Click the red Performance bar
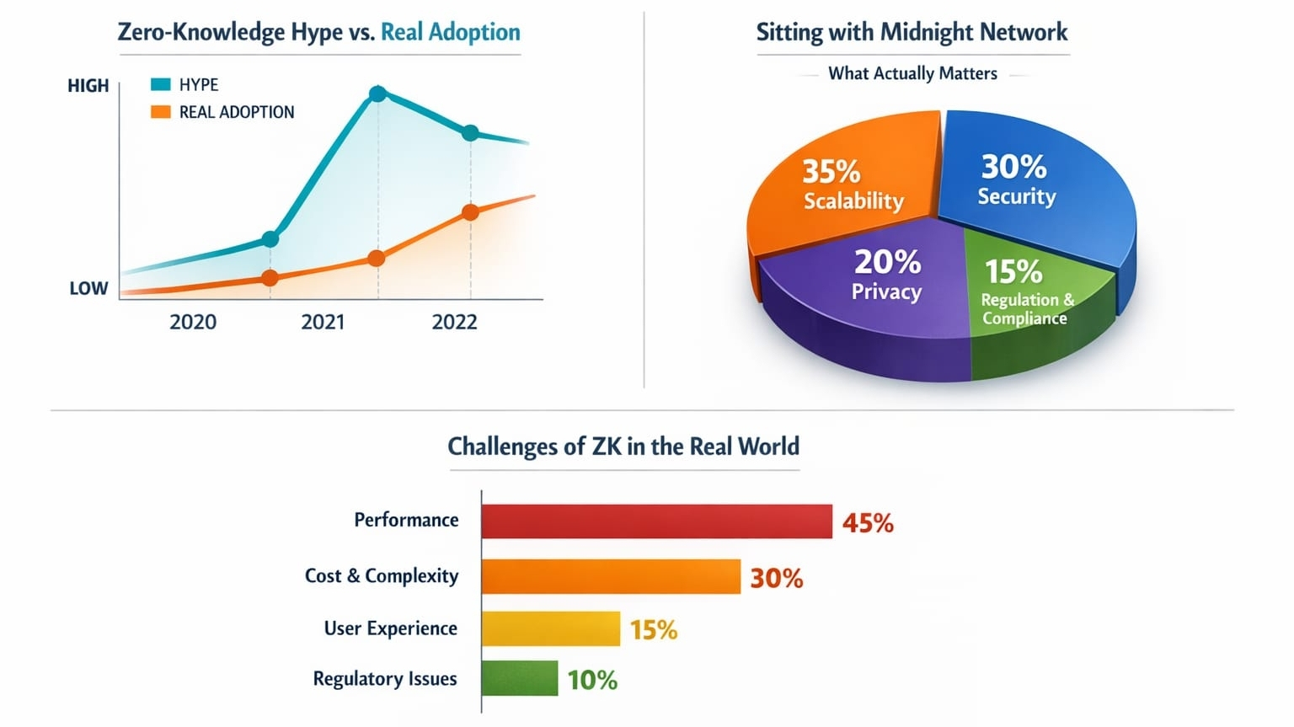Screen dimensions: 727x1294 click(656, 521)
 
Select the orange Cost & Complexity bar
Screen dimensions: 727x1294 click(611, 577)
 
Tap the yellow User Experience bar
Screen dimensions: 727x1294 click(551, 629)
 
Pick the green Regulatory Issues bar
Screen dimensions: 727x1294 click(520, 679)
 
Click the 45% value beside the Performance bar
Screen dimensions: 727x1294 click(868, 523)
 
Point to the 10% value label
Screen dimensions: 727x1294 click(592, 680)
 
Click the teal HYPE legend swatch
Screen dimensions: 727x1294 click(160, 84)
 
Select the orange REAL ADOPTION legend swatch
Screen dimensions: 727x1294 click(160, 112)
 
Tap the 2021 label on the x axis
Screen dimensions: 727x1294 click(323, 322)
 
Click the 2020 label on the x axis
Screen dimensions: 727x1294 click(193, 322)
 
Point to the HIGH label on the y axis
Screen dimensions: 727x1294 click(88, 86)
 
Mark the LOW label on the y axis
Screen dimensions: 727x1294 click(88, 288)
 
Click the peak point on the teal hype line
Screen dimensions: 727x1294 click(378, 94)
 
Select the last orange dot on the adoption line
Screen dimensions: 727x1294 click(471, 212)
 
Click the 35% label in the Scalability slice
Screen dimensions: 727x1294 click(831, 172)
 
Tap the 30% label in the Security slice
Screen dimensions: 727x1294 click(1013, 167)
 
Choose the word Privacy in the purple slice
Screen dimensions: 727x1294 click(886, 292)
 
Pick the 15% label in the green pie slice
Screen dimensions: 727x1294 click(1013, 271)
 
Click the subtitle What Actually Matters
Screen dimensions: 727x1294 click(912, 74)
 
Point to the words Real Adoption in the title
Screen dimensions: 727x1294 click(451, 32)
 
